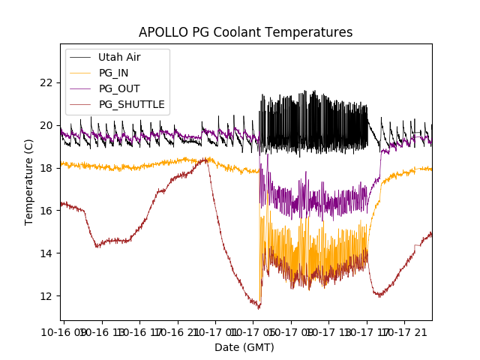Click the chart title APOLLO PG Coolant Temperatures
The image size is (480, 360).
coord(245,32)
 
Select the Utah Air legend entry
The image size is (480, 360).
coord(119,57)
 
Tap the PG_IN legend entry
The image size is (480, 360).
coord(113,73)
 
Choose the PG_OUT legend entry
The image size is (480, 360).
coord(118,88)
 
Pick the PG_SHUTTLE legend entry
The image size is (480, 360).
coord(131,104)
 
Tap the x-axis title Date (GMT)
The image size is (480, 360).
coord(244,347)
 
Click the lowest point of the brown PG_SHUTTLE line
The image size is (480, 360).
coord(259,308)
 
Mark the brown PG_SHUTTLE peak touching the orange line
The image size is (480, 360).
coord(205,159)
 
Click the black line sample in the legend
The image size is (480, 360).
coord(80,57)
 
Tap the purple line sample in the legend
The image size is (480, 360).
coord(80,88)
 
